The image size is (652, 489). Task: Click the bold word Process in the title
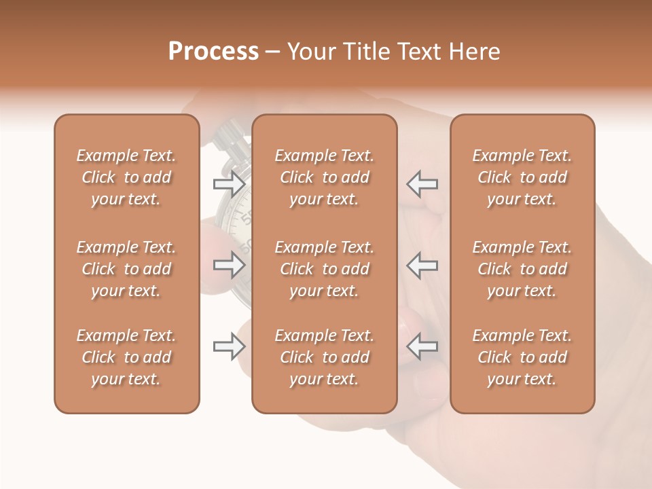pos(213,52)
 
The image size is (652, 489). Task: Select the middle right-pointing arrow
pos(229,265)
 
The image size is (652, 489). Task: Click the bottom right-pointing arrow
pos(229,347)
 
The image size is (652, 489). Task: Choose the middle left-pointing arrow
pos(422,265)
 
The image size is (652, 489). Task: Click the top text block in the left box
pos(126,177)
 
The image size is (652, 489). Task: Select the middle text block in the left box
pos(126,269)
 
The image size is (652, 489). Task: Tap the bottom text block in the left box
pos(126,357)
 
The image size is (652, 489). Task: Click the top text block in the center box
pos(324,177)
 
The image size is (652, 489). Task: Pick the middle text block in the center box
pos(324,269)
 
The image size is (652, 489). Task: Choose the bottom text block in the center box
pos(324,357)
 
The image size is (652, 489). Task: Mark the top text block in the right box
pos(522,177)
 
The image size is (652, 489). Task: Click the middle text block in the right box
pos(522,269)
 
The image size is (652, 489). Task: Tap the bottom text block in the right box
pos(522,357)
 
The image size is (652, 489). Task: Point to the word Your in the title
pos(312,52)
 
